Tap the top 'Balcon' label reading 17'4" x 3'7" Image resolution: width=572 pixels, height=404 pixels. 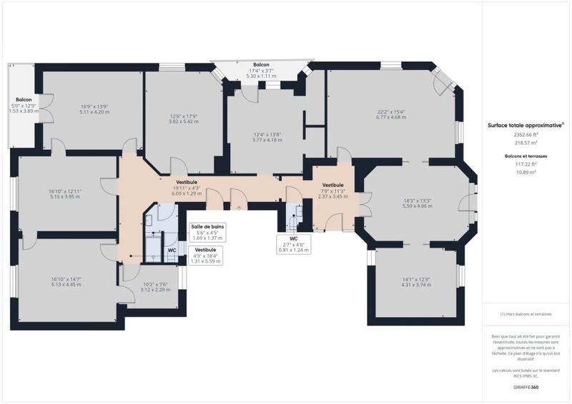tap(261, 65)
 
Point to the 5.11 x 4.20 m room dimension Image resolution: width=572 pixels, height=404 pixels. tap(94, 112)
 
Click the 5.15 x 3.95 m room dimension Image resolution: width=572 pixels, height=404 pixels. tap(66, 196)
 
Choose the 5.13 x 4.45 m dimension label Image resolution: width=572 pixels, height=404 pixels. tap(66, 284)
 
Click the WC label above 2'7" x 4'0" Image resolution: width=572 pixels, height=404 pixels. tap(294, 239)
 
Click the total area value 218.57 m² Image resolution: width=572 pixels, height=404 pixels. tap(526, 143)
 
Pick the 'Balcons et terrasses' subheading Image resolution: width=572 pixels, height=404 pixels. tap(526, 155)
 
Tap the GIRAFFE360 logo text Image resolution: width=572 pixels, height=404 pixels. tap(526, 386)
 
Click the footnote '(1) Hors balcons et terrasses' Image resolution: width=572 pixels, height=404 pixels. tap(526, 314)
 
